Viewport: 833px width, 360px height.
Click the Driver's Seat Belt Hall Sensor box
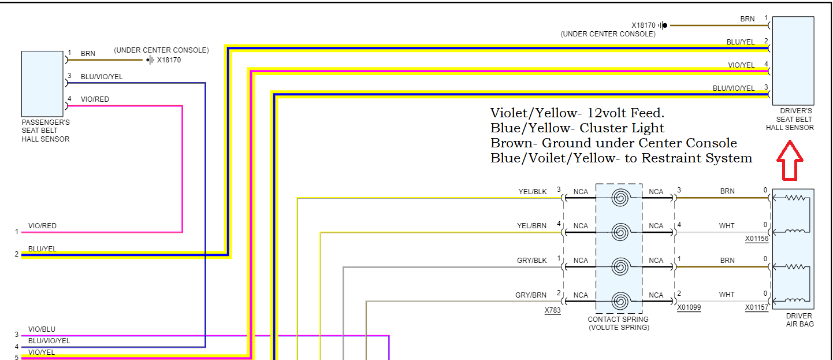(793, 60)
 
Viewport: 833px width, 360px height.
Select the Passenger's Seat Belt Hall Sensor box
(42, 84)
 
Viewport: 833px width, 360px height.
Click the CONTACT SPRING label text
(618, 320)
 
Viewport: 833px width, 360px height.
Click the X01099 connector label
(689, 307)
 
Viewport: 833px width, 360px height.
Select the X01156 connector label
(757, 238)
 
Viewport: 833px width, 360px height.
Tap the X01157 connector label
(757, 307)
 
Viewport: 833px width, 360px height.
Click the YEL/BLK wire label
(532, 191)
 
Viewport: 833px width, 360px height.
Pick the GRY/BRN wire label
(531, 295)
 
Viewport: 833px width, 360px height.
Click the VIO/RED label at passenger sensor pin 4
(95, 99)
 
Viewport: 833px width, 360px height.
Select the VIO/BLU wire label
(42, 329)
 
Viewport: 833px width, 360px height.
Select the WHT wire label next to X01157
(727, 295)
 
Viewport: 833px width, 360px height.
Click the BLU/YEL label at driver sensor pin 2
(741, 42)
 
